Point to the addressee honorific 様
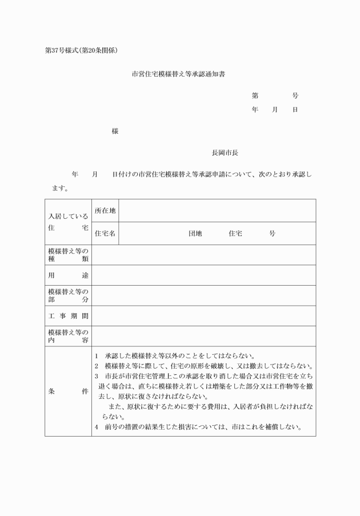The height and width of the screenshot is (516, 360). (x=115, y=131)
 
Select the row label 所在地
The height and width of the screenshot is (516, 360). (x=105, y=211)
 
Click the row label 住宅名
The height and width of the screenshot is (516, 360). (x=105, y=234)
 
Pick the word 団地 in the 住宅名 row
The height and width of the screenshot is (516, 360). (x=195, y=234)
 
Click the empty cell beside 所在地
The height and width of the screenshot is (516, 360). (x=217, y=211)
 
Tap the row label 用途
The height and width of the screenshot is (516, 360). (x=68, y=275)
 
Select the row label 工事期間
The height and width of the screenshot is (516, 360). (x=68, y=316)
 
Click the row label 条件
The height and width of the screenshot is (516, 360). (x=68, y=392)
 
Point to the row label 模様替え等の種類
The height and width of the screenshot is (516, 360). (x=68, y=255)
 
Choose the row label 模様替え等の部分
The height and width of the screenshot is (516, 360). (x=68, y=295)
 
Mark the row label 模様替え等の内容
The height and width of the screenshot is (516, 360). (x=68, y=336)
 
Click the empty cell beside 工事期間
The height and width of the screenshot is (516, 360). (x=203, y=316)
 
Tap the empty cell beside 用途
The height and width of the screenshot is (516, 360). (x=203, y=275)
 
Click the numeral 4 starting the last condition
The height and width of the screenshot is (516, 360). (x=97, y=427)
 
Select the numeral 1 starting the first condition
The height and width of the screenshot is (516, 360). (x=97, y=355)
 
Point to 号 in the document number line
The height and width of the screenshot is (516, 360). (x=295, y=96)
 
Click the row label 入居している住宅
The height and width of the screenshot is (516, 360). (x=68, y=222)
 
